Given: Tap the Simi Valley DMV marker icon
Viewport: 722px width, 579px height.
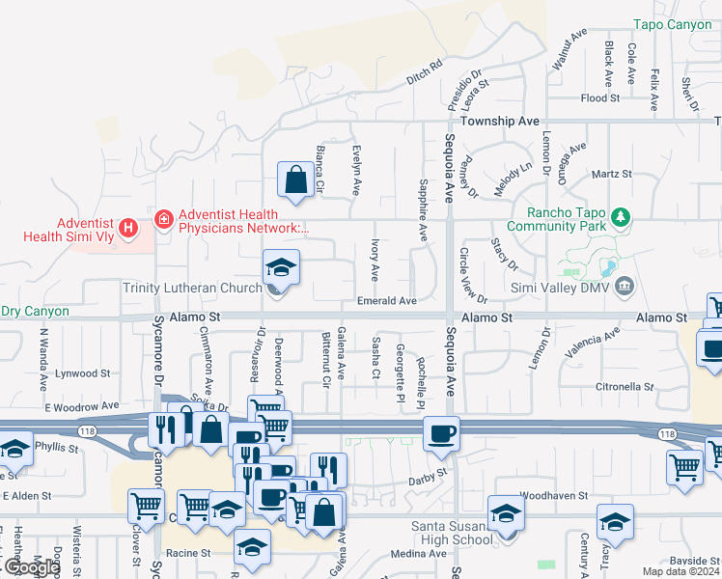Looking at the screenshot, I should click(625, 287).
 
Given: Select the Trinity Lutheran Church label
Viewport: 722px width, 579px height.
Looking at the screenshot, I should click(192, 288).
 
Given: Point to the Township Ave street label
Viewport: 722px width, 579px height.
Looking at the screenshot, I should click(499, 122).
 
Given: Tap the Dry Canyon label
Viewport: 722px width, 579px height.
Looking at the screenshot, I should click(35, 311).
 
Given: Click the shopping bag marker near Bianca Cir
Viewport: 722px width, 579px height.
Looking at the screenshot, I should click(294, 179).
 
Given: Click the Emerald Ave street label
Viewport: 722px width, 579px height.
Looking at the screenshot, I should click(386, 301).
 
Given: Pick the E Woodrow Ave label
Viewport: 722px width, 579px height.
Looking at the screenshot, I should click(82, 407).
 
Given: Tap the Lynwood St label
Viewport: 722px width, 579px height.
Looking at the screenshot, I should click(84, 372).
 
